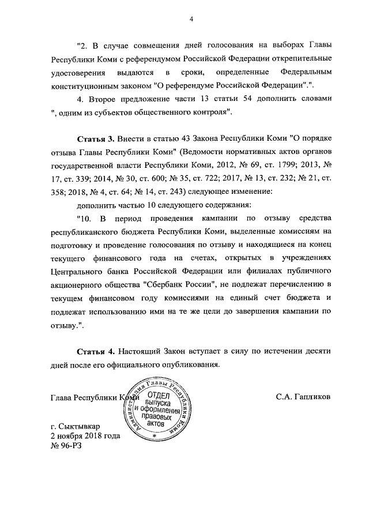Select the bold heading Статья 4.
click(x=96, y=351)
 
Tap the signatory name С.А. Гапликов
click(x=303, y=397)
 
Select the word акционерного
click(x=77, y=284)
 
